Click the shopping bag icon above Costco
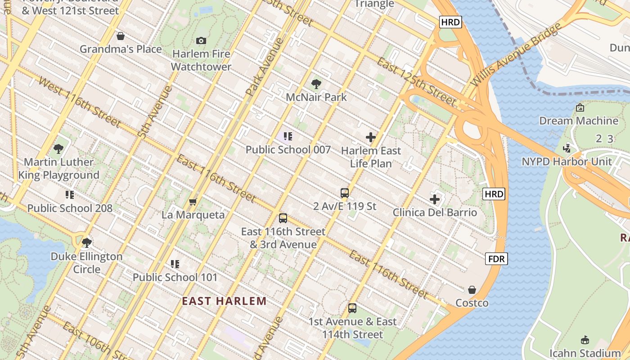472,289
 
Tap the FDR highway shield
496,259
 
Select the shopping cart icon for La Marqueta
193,202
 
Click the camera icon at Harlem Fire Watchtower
201,40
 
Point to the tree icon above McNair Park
316,84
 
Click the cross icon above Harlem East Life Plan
371,137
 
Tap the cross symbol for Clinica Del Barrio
435,199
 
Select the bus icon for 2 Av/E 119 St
345,193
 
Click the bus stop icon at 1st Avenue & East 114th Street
352,308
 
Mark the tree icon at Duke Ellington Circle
87,243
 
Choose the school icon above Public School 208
70,195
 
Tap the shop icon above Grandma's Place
120,36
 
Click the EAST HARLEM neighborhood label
224,301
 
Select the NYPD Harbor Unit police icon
567,148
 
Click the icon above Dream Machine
580,108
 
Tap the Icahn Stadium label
585,353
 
